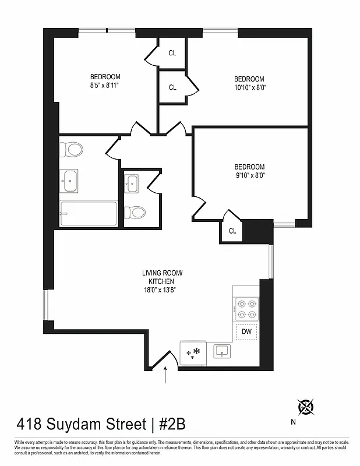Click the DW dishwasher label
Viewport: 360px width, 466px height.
point(246,331)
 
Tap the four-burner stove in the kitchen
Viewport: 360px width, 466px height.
point(246,309)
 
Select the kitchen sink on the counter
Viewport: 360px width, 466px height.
point(221,351)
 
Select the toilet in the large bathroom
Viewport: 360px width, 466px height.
point(74,150)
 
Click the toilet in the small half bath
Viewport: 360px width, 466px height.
point(135,212)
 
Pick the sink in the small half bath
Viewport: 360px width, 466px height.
point(133,183)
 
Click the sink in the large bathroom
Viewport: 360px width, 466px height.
point(70,180)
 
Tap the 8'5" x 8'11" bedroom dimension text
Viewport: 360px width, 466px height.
point(105,85)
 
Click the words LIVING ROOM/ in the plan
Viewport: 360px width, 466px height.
point(163,273)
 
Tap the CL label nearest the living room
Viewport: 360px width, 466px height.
point(232,231)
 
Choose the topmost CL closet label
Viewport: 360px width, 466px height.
point(172,53)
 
